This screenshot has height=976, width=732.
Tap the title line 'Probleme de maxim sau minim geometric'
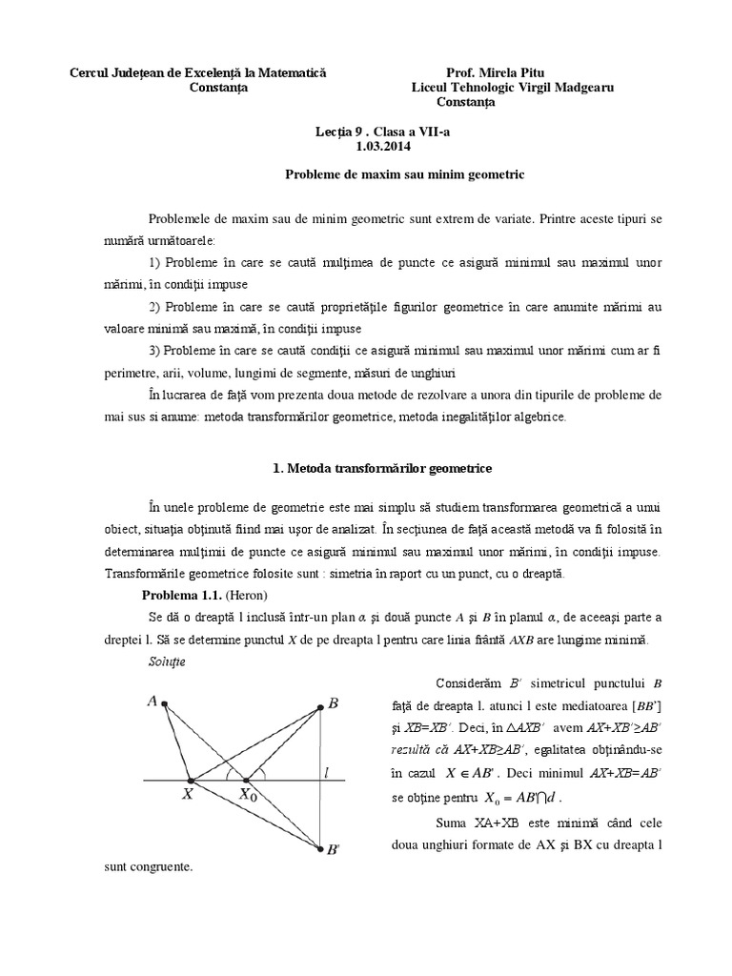(405, 176)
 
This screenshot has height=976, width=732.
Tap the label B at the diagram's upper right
(333, 703)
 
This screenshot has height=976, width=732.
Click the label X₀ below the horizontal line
(249, 794)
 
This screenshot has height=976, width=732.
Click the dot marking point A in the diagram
(166, 704)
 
